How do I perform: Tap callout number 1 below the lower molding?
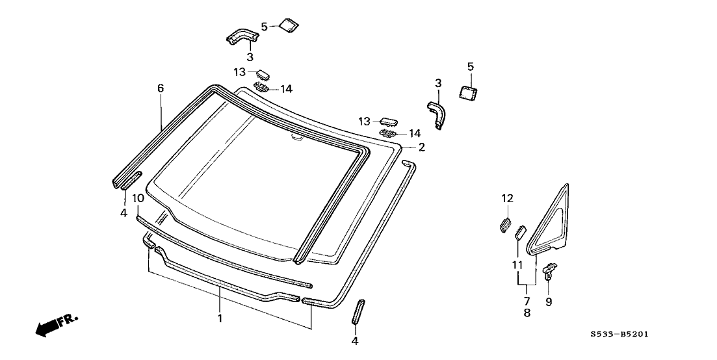click(x=220, y=318)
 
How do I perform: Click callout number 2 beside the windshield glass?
click(x=421, y=148)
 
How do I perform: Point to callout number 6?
click(x=160, y=88)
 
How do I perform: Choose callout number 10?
click(x=138, y=198)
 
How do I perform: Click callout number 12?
click(x=507, y=198)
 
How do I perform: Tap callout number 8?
click(x=527, y=313)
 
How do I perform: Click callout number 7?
click(x=527, y=301)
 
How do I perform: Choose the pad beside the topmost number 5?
click(x=288, y=25)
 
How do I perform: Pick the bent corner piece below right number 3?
click(x=436, y=114)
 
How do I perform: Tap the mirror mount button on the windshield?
click(x=296, y=137)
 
